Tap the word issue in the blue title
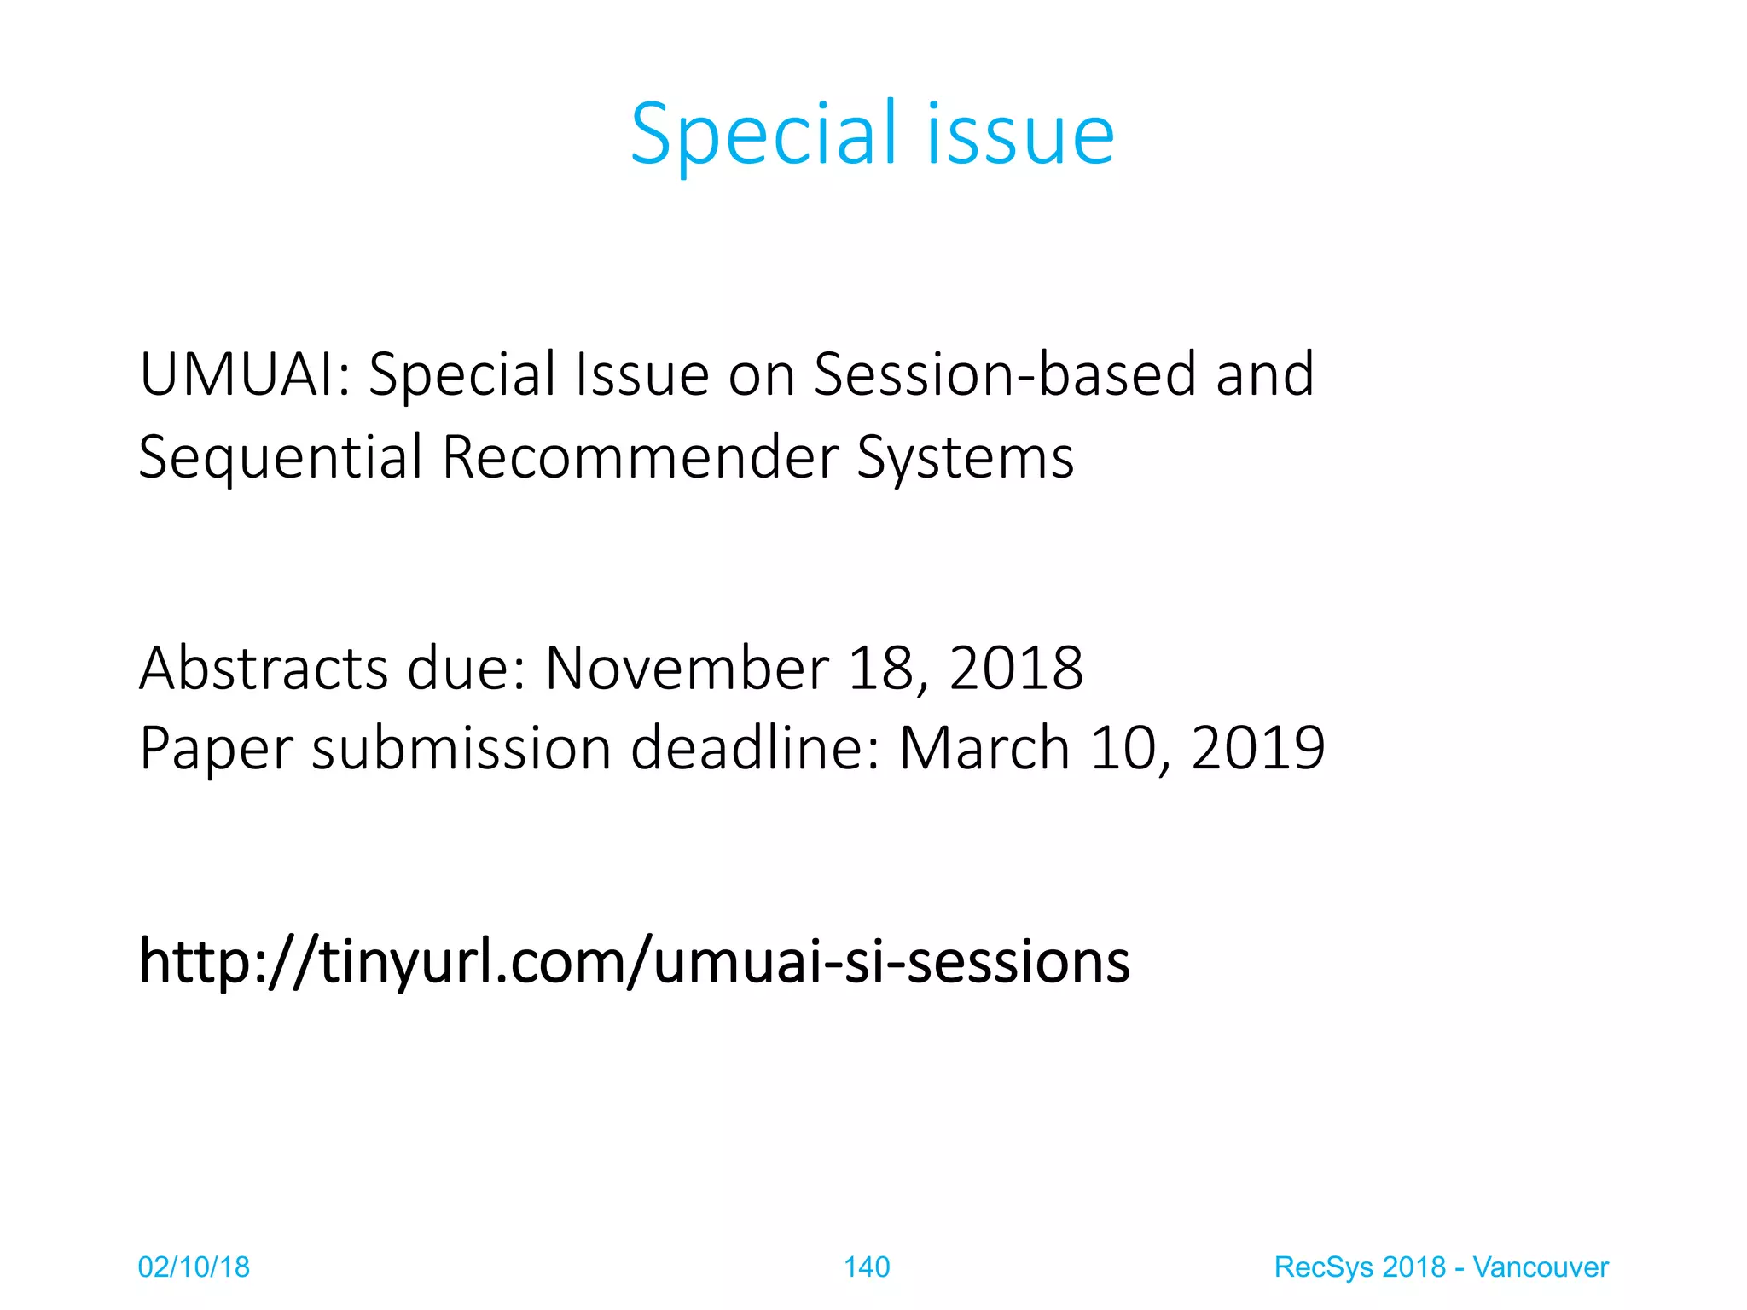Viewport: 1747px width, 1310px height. coord(1020,134)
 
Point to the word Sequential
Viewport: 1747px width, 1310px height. coord(281,458)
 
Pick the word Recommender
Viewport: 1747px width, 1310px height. coord(641,458)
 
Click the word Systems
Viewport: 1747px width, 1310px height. coord(965,458)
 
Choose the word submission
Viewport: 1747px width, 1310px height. coord(461,749)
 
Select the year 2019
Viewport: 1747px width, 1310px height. coord(1257,749)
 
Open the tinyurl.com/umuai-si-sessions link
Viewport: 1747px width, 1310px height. coord(635,962)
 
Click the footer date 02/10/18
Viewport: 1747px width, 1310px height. coord(194,1267)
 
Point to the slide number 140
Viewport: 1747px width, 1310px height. coord(867,1267)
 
